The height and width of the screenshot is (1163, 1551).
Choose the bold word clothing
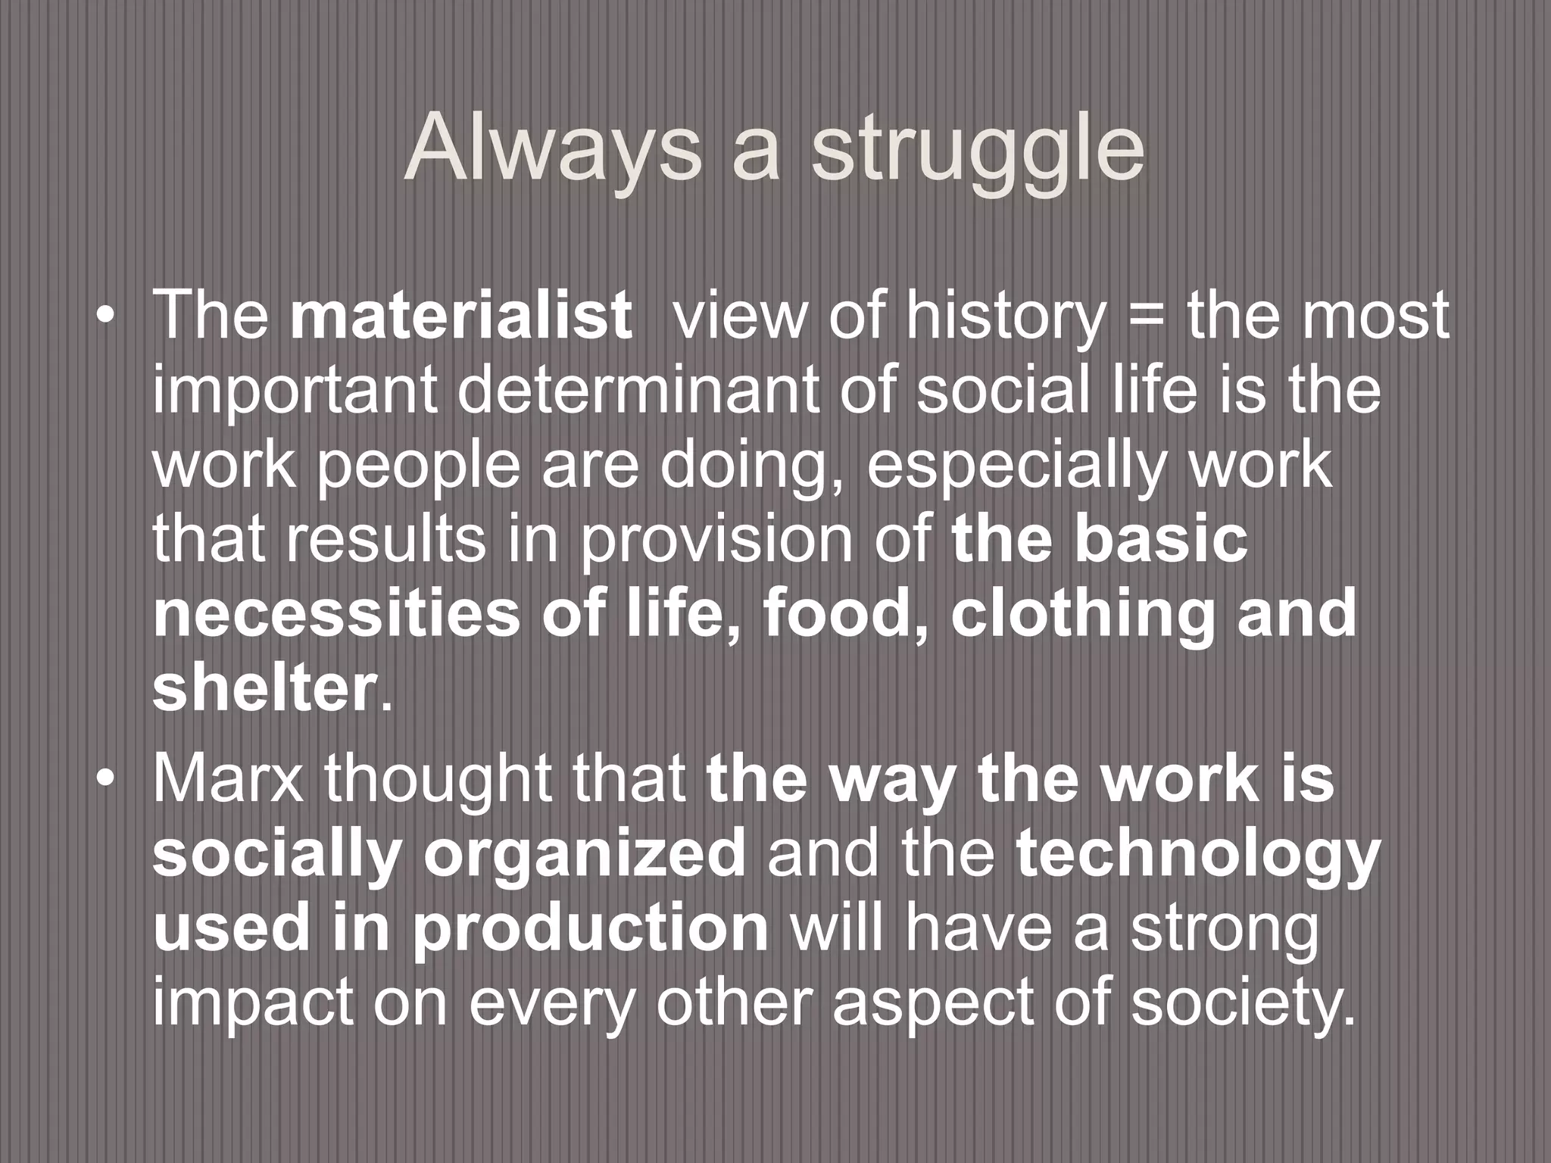tap(1083, 615)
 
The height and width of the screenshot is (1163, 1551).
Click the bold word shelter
tap(264, 688)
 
